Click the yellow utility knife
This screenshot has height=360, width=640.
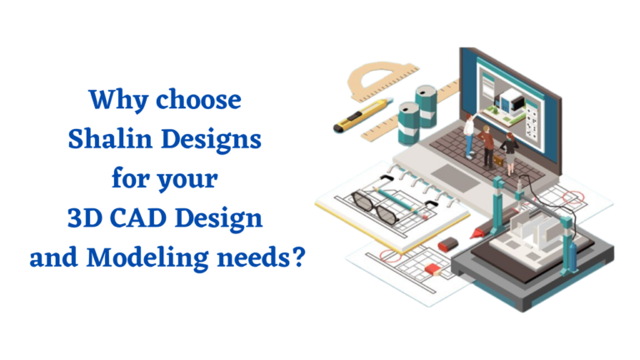point(360,117)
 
